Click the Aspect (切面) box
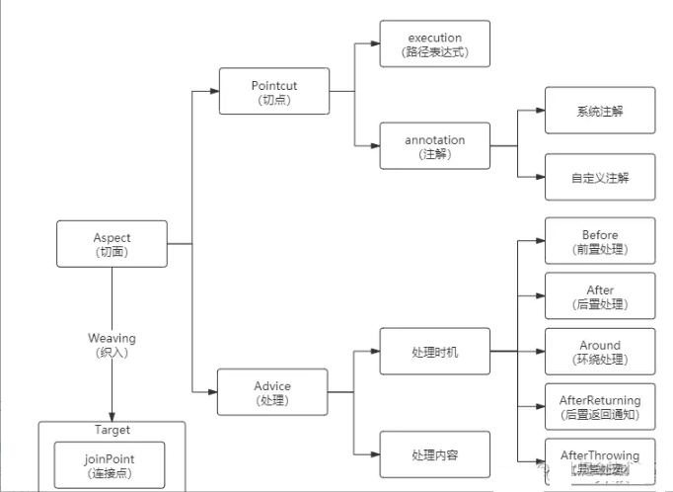pos(112,244)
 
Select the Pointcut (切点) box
pos(273,92)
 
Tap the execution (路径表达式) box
pos(434,44)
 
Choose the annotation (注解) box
pos(434,146)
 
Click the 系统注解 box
pos(599,111)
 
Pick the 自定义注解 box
pos(599,178)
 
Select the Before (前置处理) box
pos(599,241)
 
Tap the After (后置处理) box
pos(599,296)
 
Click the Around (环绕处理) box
pos(599,352)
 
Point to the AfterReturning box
pos(599,406)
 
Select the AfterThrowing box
pos(599,460)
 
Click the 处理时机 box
pos(434,352)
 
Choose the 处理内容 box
pos(434,454)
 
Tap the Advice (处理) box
pos(273,392)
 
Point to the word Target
pos(112,430)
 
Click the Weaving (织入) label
pos(112,345)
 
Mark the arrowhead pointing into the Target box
pos(112,416)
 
